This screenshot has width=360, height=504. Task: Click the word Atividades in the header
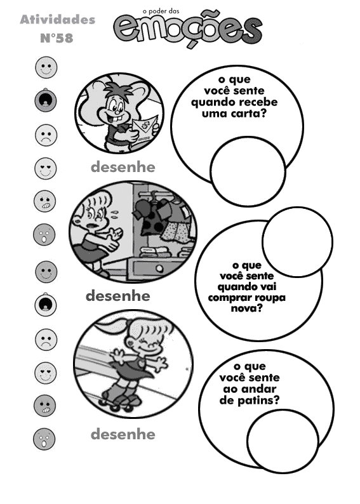tap(58, 20)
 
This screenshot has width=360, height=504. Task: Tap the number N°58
tap(57, 38)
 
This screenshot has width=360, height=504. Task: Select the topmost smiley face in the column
tap(46, 67)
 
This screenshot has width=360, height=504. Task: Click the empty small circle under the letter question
tap(248, 171)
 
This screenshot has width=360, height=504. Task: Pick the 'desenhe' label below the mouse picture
tap(123, 167)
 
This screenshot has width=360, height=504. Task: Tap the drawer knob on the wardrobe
tap(159, 268)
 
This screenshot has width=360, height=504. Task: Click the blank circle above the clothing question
tap(297, 242)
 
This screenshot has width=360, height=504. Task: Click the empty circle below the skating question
tap(283, 441)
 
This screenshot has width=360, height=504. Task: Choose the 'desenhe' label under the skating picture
tap(123, 435)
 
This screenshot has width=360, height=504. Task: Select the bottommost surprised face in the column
tap(44, 439)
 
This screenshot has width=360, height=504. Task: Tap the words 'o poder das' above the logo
tap(161, 11)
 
